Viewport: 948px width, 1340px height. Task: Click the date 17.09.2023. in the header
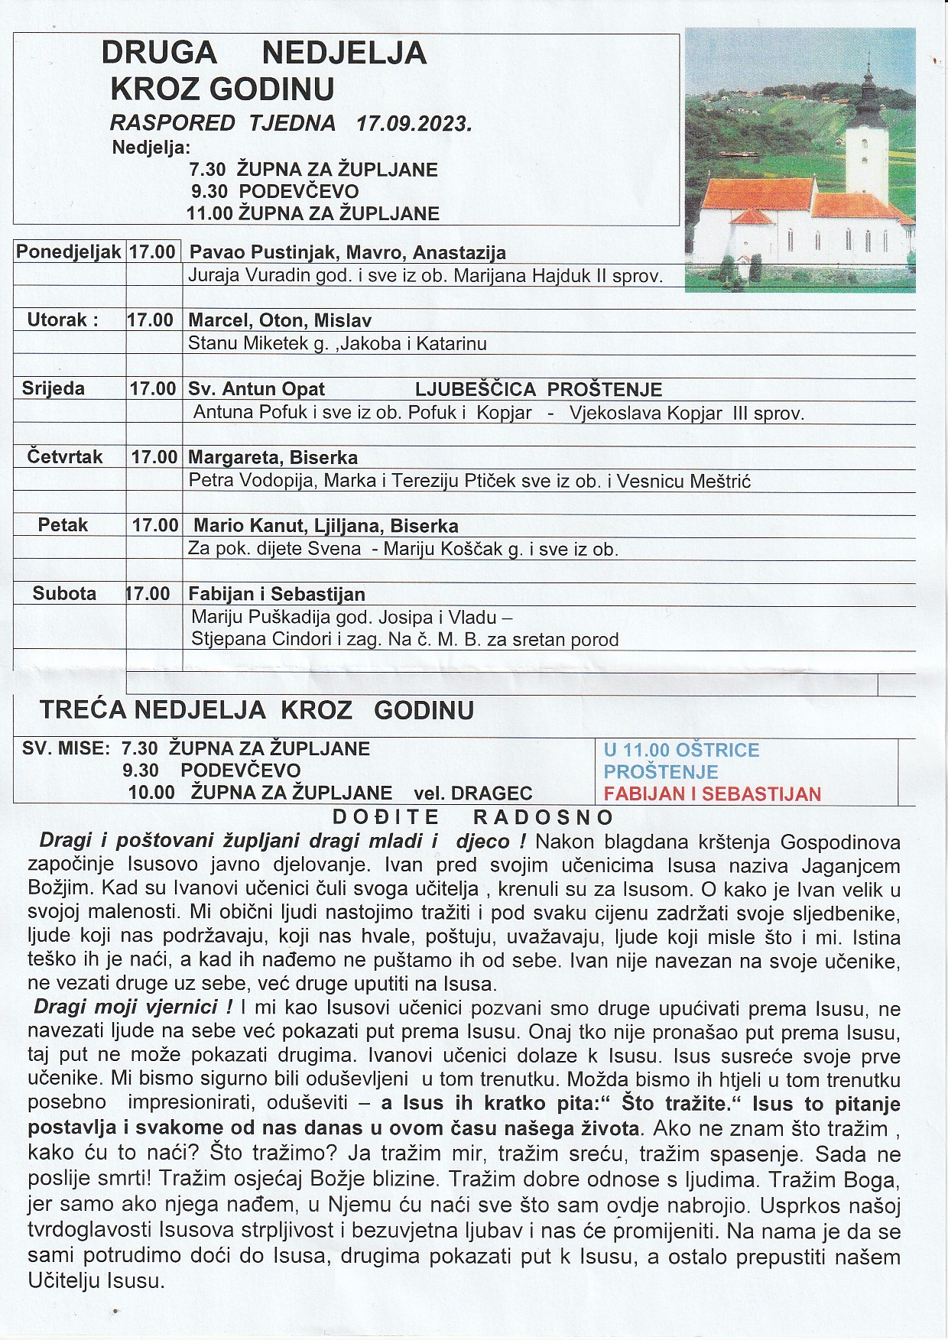pyautogui.click(x=414, y=123)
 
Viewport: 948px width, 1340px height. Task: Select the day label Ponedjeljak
pyautogui.click(x=69, y=251)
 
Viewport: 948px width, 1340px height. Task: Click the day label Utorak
pyautogui.click(x=63, y=320)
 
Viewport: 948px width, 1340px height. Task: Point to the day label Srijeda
pyautogui.click(x=54, y=388)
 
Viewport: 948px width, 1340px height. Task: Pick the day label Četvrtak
pyautogui.click(x=65, y=457)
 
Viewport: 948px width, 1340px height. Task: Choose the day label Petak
pyautogui.click(x=63, y=525)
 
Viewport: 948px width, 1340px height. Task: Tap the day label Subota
pyautogui.click(x=64, y=593)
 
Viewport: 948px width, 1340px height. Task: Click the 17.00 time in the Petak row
pyautogui.click(x=155, y=525)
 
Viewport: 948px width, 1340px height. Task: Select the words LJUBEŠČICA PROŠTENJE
pyautogui.click(x=538, y=389)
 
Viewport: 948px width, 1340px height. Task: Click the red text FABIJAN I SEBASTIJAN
pyautogui.click(x=713, y=793)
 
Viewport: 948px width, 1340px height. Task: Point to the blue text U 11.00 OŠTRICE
pyautogui.click(x=681, y=750)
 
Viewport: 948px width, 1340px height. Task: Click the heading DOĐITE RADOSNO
pyautogui.click(x=473, y=816)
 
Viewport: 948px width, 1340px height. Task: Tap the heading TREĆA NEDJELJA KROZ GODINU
pyautogui.click(x=257, y=709)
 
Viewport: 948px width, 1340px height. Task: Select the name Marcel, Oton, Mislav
pyautogui.click(x=280, y=320)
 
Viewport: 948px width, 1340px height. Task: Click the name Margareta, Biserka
pyautogui.click(x=273, y=458)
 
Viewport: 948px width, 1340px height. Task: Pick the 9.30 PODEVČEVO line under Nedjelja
pyautogui.click(x=274, y=191)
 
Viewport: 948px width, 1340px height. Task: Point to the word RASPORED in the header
pyautogui.click(x=173, y=123)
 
